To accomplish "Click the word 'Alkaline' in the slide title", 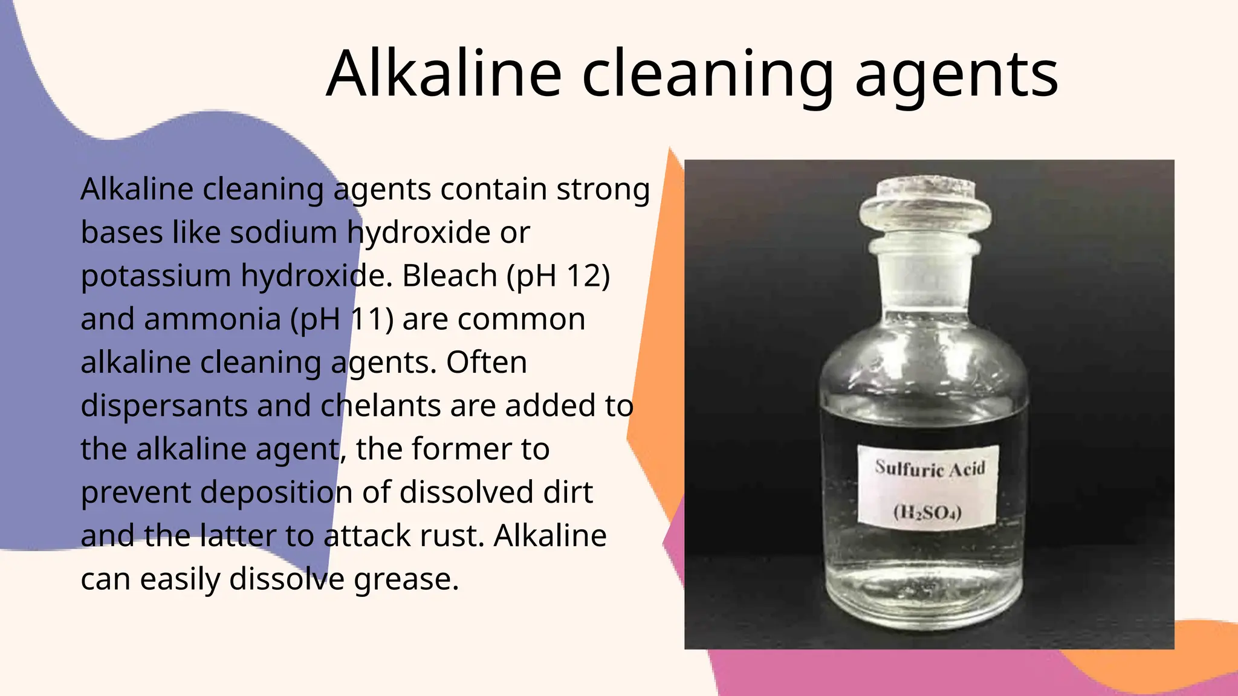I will (444, 74).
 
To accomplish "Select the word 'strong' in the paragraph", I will (603, 190).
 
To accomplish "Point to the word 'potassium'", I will (155, 277).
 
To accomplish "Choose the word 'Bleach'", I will (450, 276).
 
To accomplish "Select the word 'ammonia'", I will (212, 320).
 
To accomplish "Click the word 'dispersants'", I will (164, 406).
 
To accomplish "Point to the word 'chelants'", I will (380, 406).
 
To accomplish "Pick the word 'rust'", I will (459, 536).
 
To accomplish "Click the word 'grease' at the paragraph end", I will (406, 579).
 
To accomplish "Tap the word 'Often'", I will (486, 362).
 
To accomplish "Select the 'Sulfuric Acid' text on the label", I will (930, 468).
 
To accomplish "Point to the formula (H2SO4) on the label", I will (927, 512).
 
